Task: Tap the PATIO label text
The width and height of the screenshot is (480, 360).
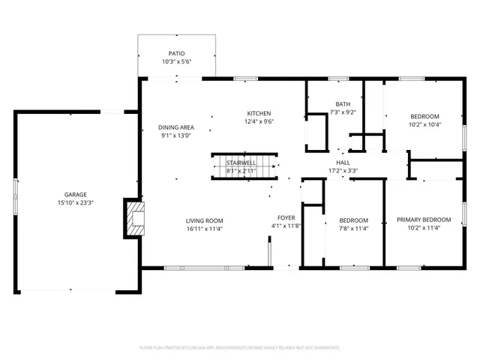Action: click(176, 54)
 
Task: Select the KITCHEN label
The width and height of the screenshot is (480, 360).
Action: click(259, 113)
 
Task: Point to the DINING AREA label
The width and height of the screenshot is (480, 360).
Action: click(176, 127)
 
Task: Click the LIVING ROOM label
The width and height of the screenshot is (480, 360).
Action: click(205, 220)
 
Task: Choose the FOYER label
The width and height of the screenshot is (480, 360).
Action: click(286, 217)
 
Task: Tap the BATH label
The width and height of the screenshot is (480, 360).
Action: click(343, 104)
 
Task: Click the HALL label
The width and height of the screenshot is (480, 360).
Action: click(343, 162)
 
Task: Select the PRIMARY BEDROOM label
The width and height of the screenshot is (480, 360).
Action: click(424, 220)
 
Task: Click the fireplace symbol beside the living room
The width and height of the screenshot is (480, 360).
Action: click(135, 217)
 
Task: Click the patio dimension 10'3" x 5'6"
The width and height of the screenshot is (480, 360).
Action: click(176, 62)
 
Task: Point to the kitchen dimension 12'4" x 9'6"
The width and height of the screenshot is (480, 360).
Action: click(259, 121)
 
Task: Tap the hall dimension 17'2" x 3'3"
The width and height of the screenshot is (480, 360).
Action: click(343, 170)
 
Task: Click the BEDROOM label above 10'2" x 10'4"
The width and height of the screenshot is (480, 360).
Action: click(424, 116)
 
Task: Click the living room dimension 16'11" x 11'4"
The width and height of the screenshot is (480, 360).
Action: click(205, 229)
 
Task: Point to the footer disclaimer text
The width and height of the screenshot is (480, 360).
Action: click(240, 347)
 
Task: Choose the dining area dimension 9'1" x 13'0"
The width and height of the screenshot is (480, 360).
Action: click(176, 136)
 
